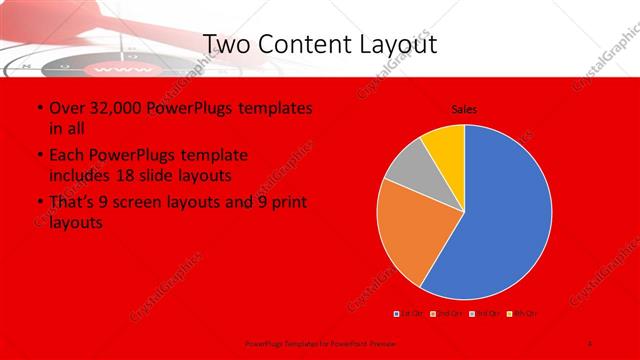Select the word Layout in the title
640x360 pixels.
click(400, 45)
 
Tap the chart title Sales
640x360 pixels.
click(464, 108)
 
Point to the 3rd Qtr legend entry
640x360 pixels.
click(480, 314)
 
